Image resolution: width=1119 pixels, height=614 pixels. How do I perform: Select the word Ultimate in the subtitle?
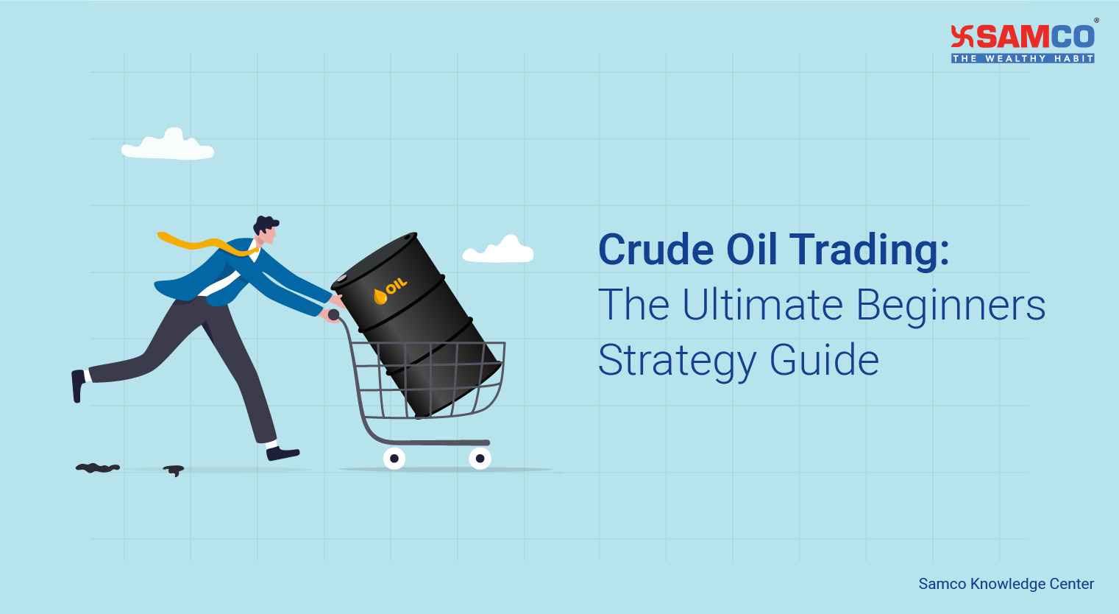[763, 305]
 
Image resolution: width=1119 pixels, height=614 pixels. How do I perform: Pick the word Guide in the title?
[824, 359]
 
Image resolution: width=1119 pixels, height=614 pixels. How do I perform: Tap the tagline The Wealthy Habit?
[1023, 58]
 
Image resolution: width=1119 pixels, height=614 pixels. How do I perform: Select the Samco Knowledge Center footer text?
[1006, 584]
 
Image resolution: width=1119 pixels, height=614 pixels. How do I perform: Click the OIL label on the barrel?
[396, 286]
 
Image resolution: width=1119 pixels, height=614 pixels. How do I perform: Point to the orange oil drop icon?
[380, 297]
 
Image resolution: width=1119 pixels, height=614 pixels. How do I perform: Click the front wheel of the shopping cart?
[480, 458]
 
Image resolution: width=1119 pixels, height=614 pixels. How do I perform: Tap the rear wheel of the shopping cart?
[394, 458]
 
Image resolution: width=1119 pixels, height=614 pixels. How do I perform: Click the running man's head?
[266, 230]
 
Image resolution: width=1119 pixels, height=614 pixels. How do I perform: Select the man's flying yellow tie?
[207, 244]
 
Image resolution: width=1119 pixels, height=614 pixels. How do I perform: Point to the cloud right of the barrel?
[498, 249]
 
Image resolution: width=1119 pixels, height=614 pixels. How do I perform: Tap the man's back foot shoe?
[78, 386]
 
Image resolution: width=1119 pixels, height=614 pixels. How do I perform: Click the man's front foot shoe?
[283, 453]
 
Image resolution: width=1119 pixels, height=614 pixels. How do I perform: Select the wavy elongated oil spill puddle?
[98, 468]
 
